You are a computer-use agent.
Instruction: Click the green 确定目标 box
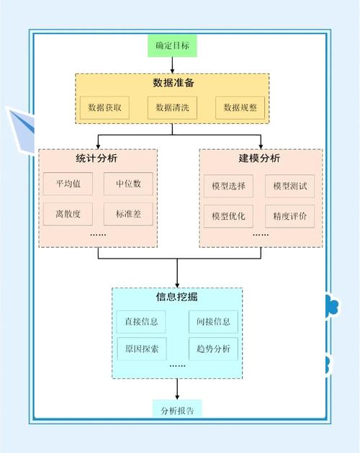click(172, 45)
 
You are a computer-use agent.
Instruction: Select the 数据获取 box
click(104, 108)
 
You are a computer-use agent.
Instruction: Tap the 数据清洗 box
click(172, 108)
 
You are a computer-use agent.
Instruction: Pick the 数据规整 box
click(240, 108)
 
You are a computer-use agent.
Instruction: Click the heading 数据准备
click(174, 83)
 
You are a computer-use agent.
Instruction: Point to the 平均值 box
click(68, 184)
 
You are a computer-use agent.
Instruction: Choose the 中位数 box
click(128, 184)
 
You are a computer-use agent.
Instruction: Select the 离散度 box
click(68, 214)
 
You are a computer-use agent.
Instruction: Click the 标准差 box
click(128, 214)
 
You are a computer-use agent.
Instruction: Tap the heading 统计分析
click(96, 158)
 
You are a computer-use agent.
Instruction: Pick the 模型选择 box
click(228, 186)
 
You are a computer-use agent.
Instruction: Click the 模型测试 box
click(289, 186)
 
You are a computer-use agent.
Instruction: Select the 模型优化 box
click(228, 216)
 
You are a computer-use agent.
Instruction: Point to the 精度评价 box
click(289, 216)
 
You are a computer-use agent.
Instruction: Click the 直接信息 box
click(141, 322)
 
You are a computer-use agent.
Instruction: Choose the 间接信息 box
click(213, 322)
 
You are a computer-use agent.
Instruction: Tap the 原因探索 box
click(142, 349)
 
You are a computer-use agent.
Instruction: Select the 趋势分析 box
click(213, 349)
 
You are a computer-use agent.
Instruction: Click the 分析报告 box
click(177, 411)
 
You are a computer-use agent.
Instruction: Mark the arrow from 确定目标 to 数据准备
click(172, 66)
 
